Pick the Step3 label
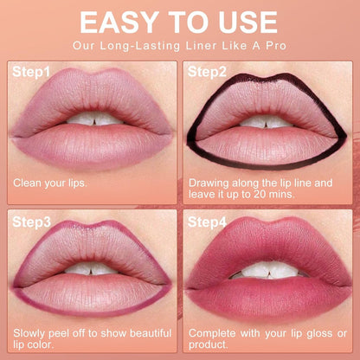[30, 222]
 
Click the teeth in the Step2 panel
[267, 120]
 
